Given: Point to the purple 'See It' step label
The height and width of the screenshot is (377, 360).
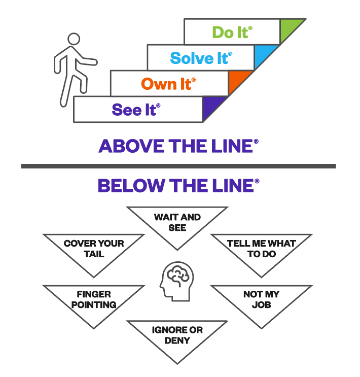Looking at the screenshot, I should coord(135,109).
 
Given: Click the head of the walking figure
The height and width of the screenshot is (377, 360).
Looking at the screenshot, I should coord(74,39).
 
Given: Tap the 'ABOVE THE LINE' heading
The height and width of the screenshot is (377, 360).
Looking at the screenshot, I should coord(178,146).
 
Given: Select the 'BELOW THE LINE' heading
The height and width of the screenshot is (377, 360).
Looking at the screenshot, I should coord(178,186).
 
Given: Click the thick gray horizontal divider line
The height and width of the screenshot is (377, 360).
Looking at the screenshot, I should coord(178,166).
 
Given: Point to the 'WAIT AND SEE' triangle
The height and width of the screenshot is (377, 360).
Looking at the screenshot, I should coord(177,223).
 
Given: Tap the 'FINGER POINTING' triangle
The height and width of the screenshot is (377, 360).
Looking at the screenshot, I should coord(94,300).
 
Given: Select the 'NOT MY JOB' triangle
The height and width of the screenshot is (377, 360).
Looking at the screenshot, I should coord(261,300).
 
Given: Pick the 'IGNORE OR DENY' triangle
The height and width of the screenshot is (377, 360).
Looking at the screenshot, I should coord(177,336).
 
